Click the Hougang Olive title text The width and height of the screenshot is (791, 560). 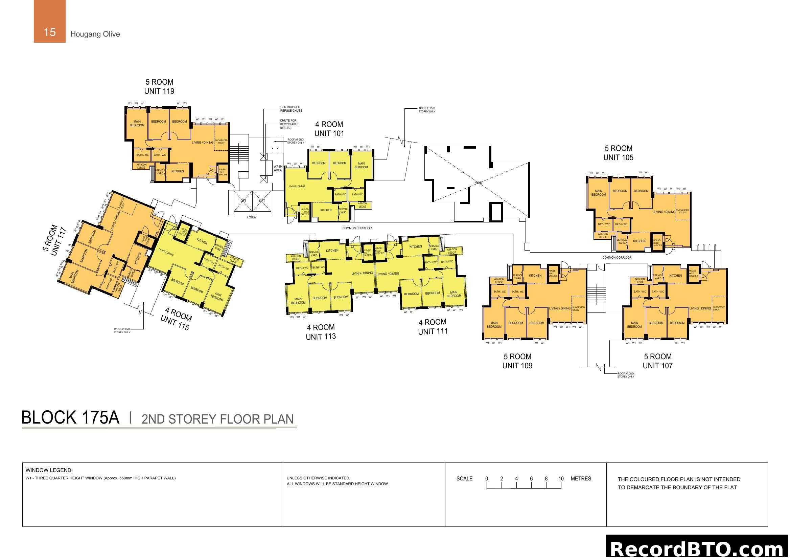click(95, 34)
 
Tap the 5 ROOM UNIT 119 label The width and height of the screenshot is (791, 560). click(159, 87)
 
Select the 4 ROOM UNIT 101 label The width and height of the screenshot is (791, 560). click(329, 129)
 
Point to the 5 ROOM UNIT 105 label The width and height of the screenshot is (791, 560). click(619, 153)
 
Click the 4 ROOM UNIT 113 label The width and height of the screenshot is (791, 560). click(321, 332)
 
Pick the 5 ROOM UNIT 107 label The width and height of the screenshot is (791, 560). click(658, 361)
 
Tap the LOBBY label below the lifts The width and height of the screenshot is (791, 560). click(252, 217)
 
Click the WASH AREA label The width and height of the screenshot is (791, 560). click(278, 168)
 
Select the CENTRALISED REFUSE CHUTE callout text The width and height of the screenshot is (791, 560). click(291, 109)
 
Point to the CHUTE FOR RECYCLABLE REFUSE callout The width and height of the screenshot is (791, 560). click(289, 124)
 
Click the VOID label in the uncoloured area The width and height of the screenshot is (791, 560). click(479, 183)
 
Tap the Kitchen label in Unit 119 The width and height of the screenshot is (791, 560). click(178, 171)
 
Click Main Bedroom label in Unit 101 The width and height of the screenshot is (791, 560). click(361, 165)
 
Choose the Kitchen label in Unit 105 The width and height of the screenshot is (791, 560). click(639, 241)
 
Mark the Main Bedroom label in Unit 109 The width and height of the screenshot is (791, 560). click(494, 324)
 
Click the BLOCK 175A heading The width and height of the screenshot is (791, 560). click(70, 417)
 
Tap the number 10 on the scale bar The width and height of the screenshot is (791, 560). click(561, 479)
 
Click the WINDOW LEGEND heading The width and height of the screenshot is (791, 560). click(49, 470)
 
